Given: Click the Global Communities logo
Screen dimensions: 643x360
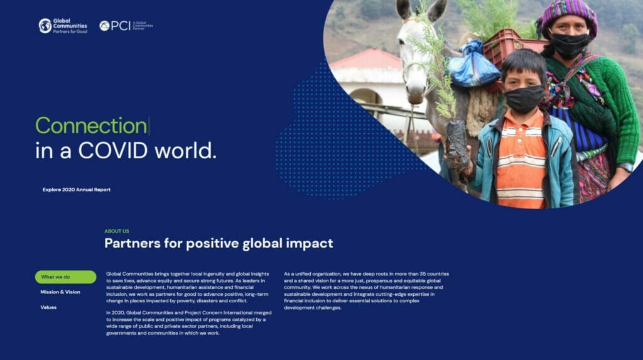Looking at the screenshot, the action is point(63,26).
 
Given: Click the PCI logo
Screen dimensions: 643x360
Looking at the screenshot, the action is point(126,26).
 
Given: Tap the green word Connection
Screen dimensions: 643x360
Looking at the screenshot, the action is point(91,126).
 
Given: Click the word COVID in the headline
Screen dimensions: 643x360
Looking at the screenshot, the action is point(113,151).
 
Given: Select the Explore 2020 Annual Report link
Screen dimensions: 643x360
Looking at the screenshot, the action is point(76,190).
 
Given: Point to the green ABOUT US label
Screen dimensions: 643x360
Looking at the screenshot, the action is point(116,231).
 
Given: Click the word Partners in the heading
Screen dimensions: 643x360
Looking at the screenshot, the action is point(132,243).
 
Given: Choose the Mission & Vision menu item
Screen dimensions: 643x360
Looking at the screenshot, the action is point(60,292).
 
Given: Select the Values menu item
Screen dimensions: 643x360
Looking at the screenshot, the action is point(48,307).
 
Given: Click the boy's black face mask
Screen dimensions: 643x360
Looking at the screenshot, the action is point(524,99).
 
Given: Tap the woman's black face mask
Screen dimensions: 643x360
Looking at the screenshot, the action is point(569,45).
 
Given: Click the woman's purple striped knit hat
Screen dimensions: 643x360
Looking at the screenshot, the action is point(568,16).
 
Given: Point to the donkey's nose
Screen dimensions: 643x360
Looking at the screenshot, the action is point(415,96).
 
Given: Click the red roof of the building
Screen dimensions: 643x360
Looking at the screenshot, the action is point(366,60).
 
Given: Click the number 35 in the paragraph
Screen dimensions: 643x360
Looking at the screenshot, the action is point(423,274).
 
